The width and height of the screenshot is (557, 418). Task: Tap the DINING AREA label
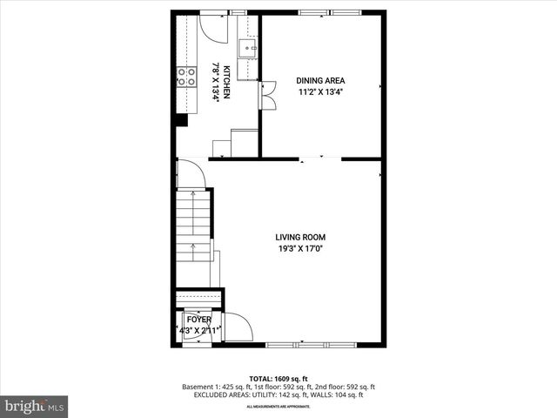point(321,81)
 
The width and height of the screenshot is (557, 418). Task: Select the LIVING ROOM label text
point(300,237)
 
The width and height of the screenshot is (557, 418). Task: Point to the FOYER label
point(198,320)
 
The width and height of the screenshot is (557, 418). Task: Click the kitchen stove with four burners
point(186,77)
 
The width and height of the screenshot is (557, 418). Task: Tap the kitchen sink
point(248,47)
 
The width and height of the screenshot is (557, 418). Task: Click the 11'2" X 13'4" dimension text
point(321,92)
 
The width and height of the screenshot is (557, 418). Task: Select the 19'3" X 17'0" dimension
point(300,248)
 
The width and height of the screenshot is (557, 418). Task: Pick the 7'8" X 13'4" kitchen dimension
point(216,82)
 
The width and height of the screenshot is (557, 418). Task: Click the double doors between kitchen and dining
point(269,94)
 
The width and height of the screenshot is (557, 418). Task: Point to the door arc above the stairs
point(191,174)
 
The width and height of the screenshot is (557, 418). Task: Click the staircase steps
point(193,226)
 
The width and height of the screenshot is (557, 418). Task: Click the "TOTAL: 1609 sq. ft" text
point(278,378)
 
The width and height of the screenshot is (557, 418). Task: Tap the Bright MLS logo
point(35,406)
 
